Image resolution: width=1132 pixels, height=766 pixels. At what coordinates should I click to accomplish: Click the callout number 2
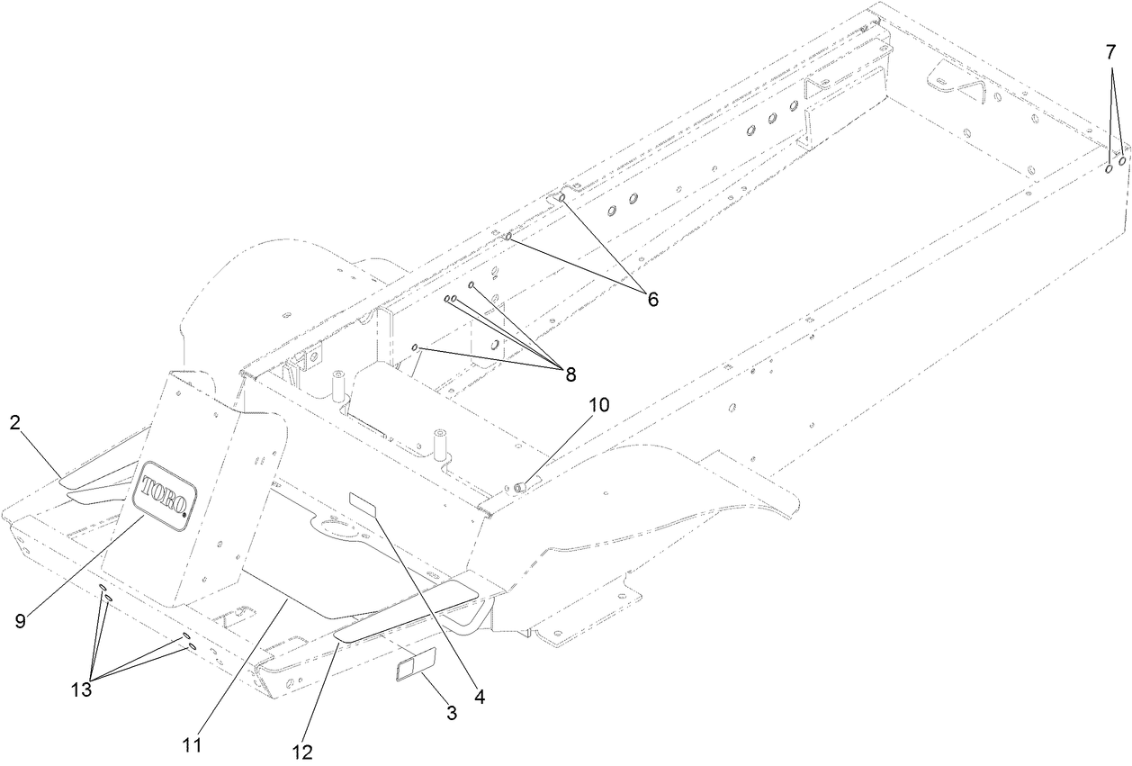[15, 423]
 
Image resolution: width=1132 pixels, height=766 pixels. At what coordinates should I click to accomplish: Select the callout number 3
[452, 714]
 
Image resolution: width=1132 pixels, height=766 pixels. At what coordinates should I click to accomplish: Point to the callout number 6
[652, 300]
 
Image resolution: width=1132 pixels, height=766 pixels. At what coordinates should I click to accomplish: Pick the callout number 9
[20, 619]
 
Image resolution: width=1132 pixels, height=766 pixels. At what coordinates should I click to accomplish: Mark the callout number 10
[599, 405]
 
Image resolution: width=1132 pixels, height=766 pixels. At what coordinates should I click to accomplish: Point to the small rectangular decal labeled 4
[364, 503]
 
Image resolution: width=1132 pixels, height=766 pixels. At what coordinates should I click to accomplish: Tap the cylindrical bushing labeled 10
[522, 487]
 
